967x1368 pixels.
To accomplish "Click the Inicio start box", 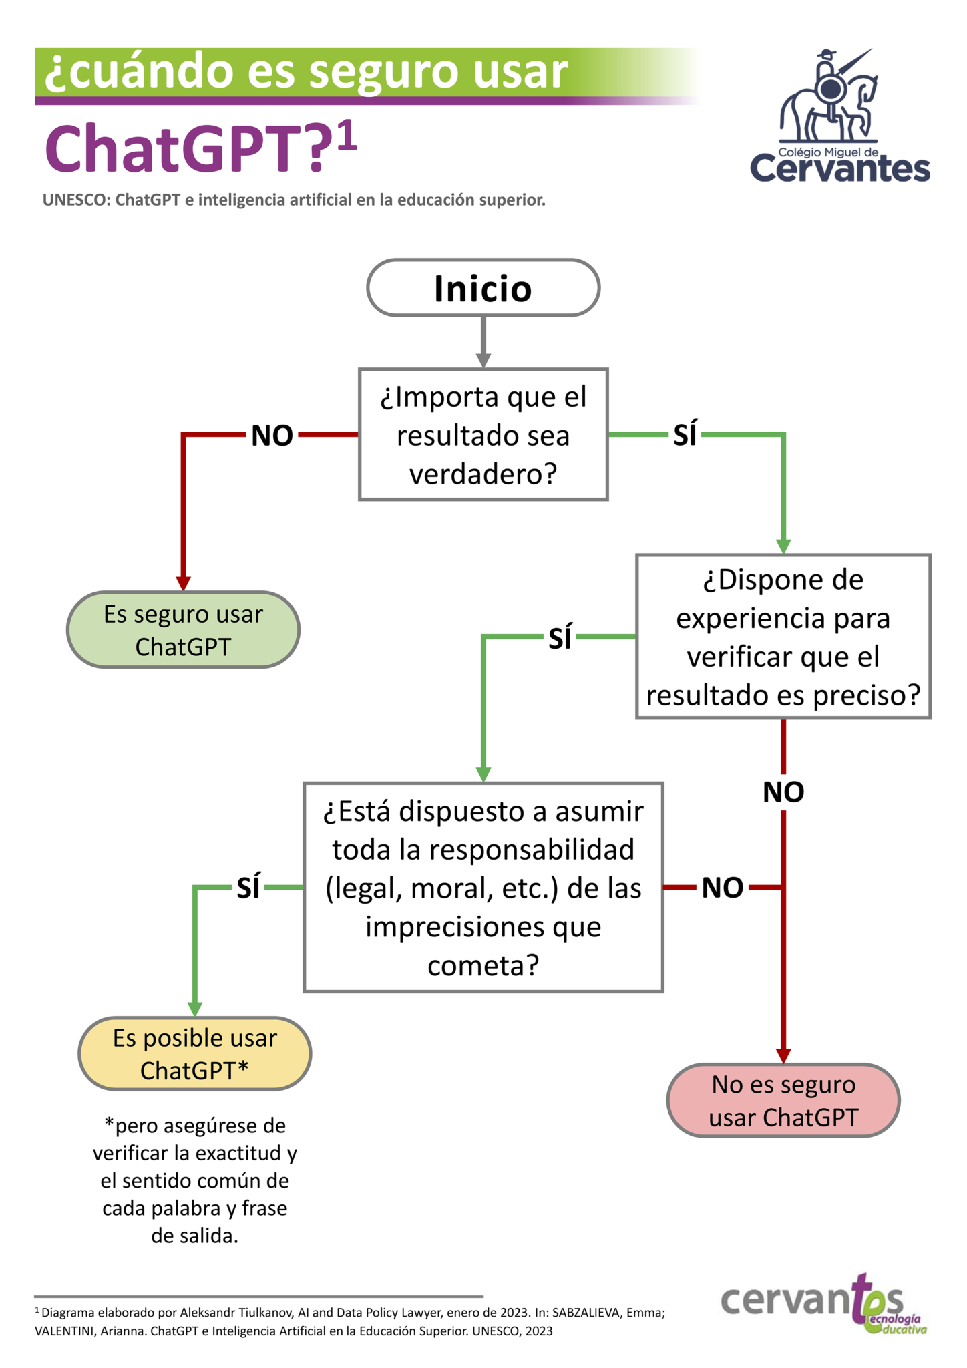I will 483,288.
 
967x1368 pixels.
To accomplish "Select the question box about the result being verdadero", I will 483,434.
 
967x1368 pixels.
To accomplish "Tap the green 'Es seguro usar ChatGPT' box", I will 183,629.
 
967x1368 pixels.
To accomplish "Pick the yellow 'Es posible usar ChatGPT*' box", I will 194,1053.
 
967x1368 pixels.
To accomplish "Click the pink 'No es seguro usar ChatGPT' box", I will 783,1100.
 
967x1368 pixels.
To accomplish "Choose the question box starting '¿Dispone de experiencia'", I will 783,637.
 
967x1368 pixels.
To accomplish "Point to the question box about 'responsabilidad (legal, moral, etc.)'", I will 483,887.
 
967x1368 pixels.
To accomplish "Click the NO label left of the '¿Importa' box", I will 272,436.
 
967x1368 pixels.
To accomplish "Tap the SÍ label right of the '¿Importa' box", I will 685,435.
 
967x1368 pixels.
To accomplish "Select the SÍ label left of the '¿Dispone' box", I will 560,638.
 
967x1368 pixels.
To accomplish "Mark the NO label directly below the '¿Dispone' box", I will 783,792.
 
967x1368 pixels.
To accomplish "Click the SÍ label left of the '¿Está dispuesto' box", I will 248,888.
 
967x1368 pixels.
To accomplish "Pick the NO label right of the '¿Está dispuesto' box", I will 723,888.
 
